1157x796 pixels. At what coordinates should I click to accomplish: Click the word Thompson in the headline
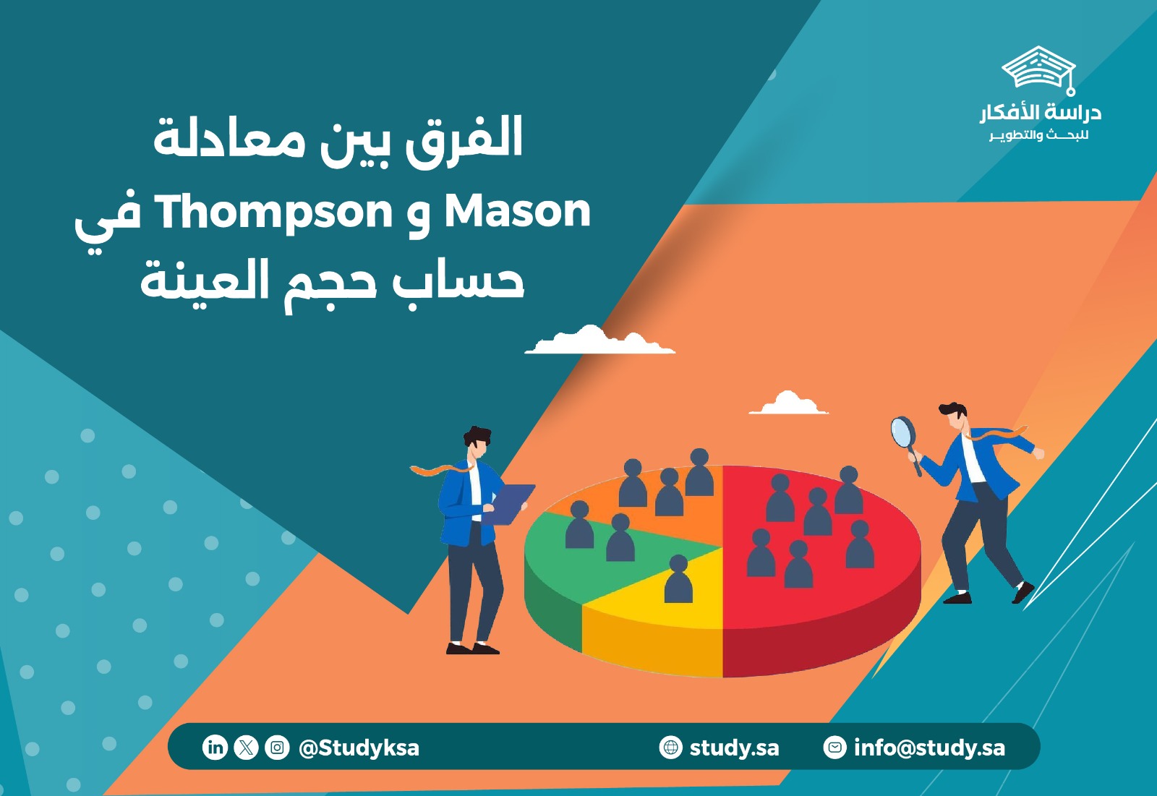click(x=273, y=213)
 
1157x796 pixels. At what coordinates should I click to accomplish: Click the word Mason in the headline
click(x=517, y=211)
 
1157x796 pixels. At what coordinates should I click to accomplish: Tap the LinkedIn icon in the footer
click(x=215, y=747)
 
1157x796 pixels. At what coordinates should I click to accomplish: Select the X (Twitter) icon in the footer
click(x=246, y=747)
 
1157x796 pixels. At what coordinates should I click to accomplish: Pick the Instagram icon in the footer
click(x=277, y=747)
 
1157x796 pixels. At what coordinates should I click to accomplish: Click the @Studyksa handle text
click(x=359, y=748)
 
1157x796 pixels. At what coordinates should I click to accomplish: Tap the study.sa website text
click(x=734, y=748)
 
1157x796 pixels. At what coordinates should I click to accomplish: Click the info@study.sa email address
click(x=929, y=748)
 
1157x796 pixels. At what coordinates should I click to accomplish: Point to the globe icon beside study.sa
click(x=671, y=747)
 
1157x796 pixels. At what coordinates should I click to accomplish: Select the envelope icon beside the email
click(x=835, y=747)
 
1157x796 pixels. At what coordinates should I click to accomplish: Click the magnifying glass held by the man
click(x=902, y=432)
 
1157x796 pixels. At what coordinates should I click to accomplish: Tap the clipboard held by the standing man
click(x=513, y=502)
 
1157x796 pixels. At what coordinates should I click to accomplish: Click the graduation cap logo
click(x=1038, y=69)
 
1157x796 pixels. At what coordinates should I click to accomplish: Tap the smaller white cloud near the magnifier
click(x=788, y=404)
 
